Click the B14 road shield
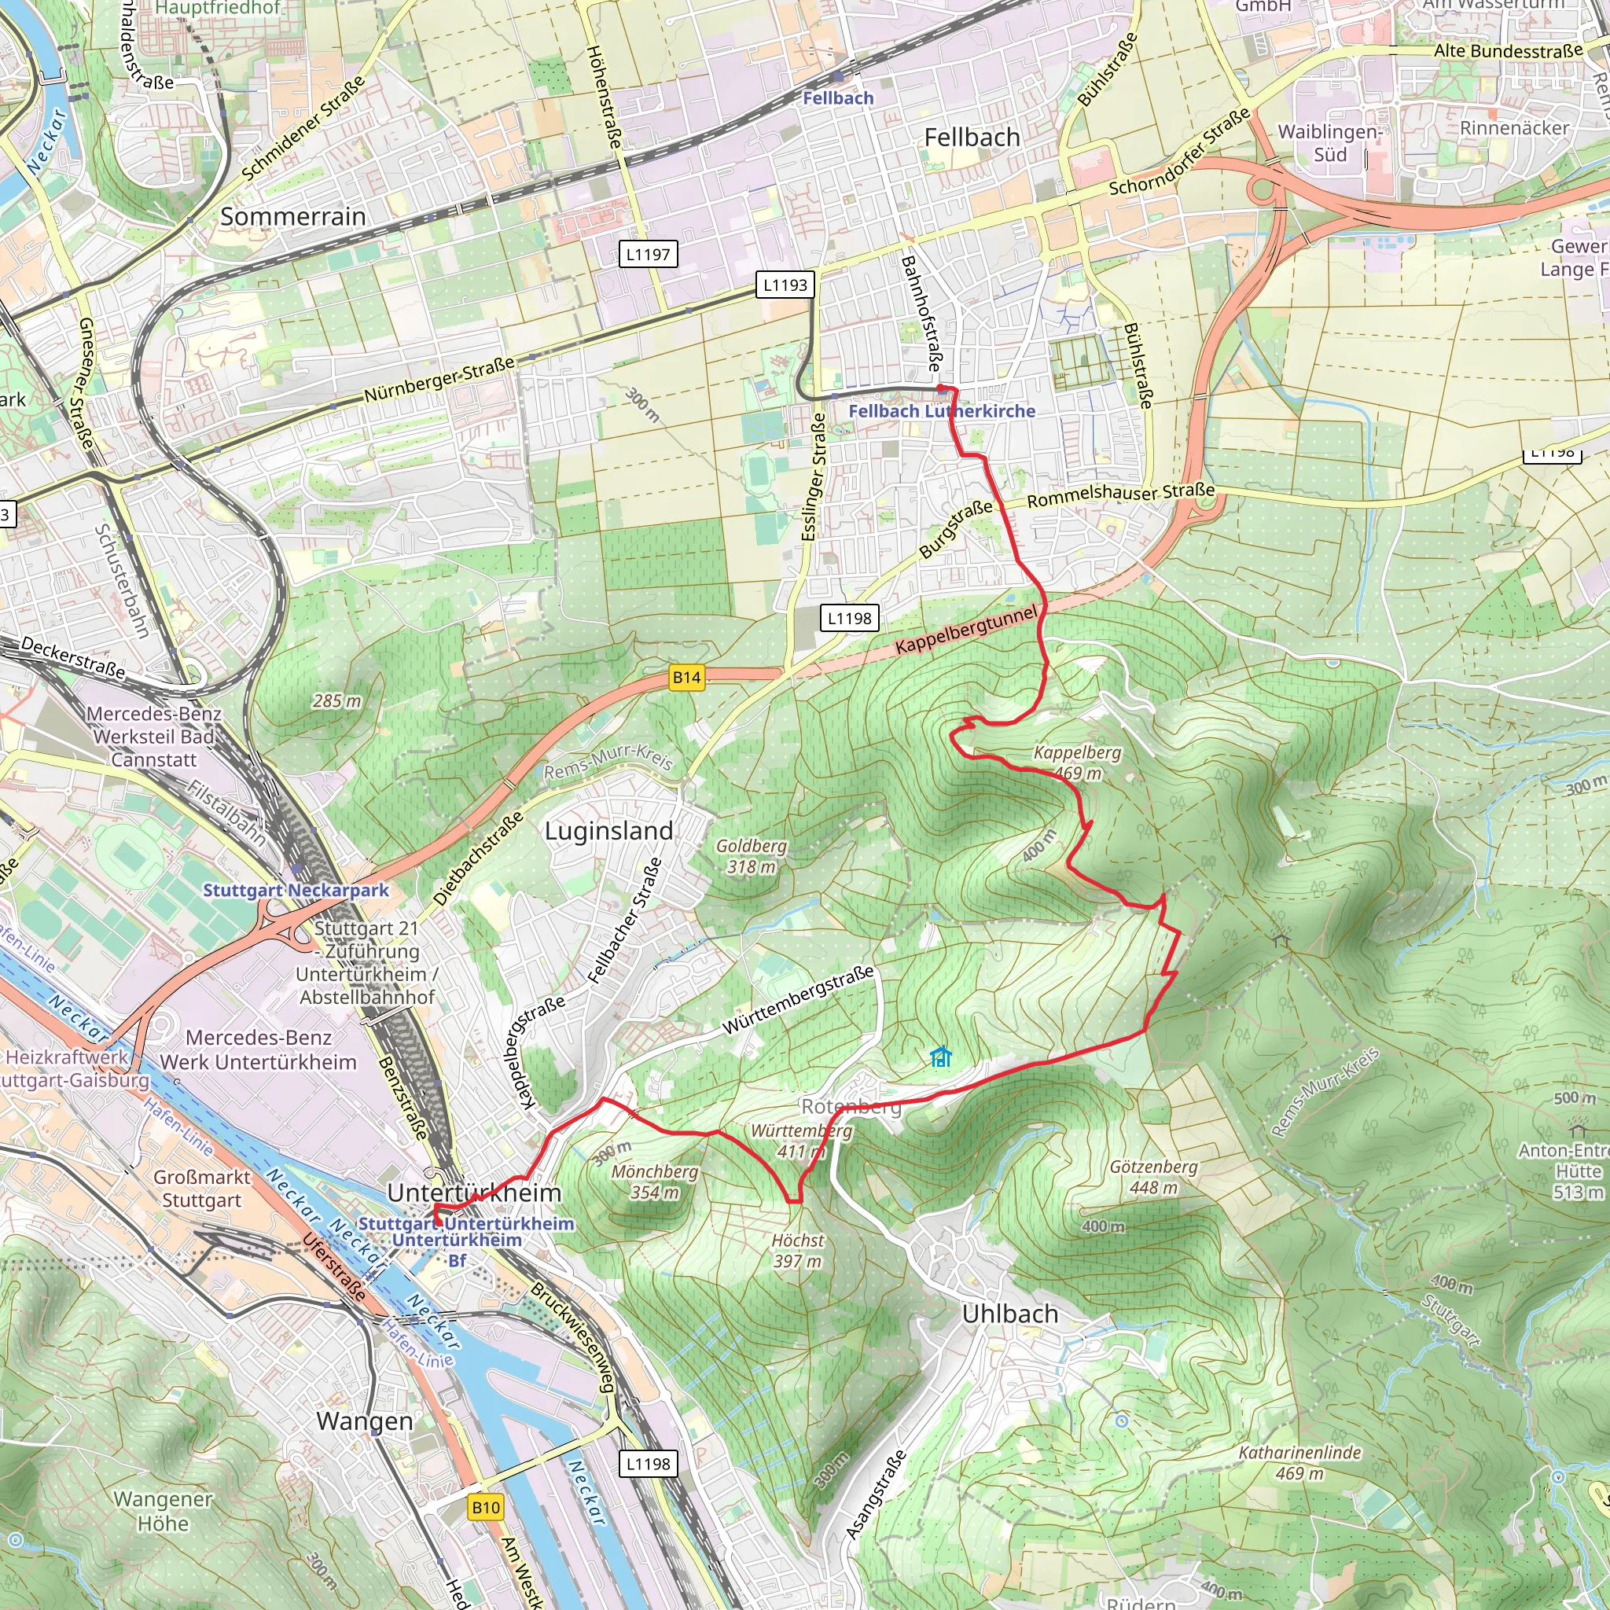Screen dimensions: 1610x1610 pyautogui.click(x=686, y=678)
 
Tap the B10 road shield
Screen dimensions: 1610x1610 pyautogui.click(x=486, y=1507)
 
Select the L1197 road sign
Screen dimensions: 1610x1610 pyautogui.click(x=649, y=254)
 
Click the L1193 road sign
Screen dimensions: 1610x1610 pyautogui.click(x=785, y=285)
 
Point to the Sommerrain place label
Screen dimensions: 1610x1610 pyautogui.click(x=292, y=217)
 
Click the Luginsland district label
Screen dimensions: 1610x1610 pyautogui.click(x=608, y=831)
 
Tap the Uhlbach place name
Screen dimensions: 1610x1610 pyautogui.click(x=1010, y=1314)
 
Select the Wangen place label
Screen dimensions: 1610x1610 pyautogui.click(x=364, y=1421)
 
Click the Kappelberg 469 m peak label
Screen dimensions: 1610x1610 pyautogui.click(x=1078, y=763)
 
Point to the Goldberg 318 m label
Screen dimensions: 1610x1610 pyautogui.click(x=751, y=856)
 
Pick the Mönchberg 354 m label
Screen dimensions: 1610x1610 pyautogui.click(x=654, y=1182)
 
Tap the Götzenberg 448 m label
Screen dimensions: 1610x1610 pyautogui.click(x=1153, y=1177)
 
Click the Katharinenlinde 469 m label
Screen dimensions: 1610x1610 pyautogui.click(x=1299, y=1462)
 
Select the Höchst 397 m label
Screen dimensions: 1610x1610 pyautogui.click(x=797, y=1251)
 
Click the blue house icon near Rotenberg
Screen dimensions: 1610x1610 pyautogui.click(x=941, y=1057)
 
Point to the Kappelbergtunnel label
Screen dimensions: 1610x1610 pyautogui.click(x=967, y=630)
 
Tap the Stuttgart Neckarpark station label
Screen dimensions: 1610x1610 pyautogui.click(x=296, y=890)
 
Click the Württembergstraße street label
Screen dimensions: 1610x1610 pyautogui.click(x=797, y=998)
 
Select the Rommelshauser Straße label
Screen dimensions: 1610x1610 pyautogui.click(x=1120, y=495)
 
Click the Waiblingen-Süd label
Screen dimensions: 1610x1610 pyautogui.click(x=1330, y=143)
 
